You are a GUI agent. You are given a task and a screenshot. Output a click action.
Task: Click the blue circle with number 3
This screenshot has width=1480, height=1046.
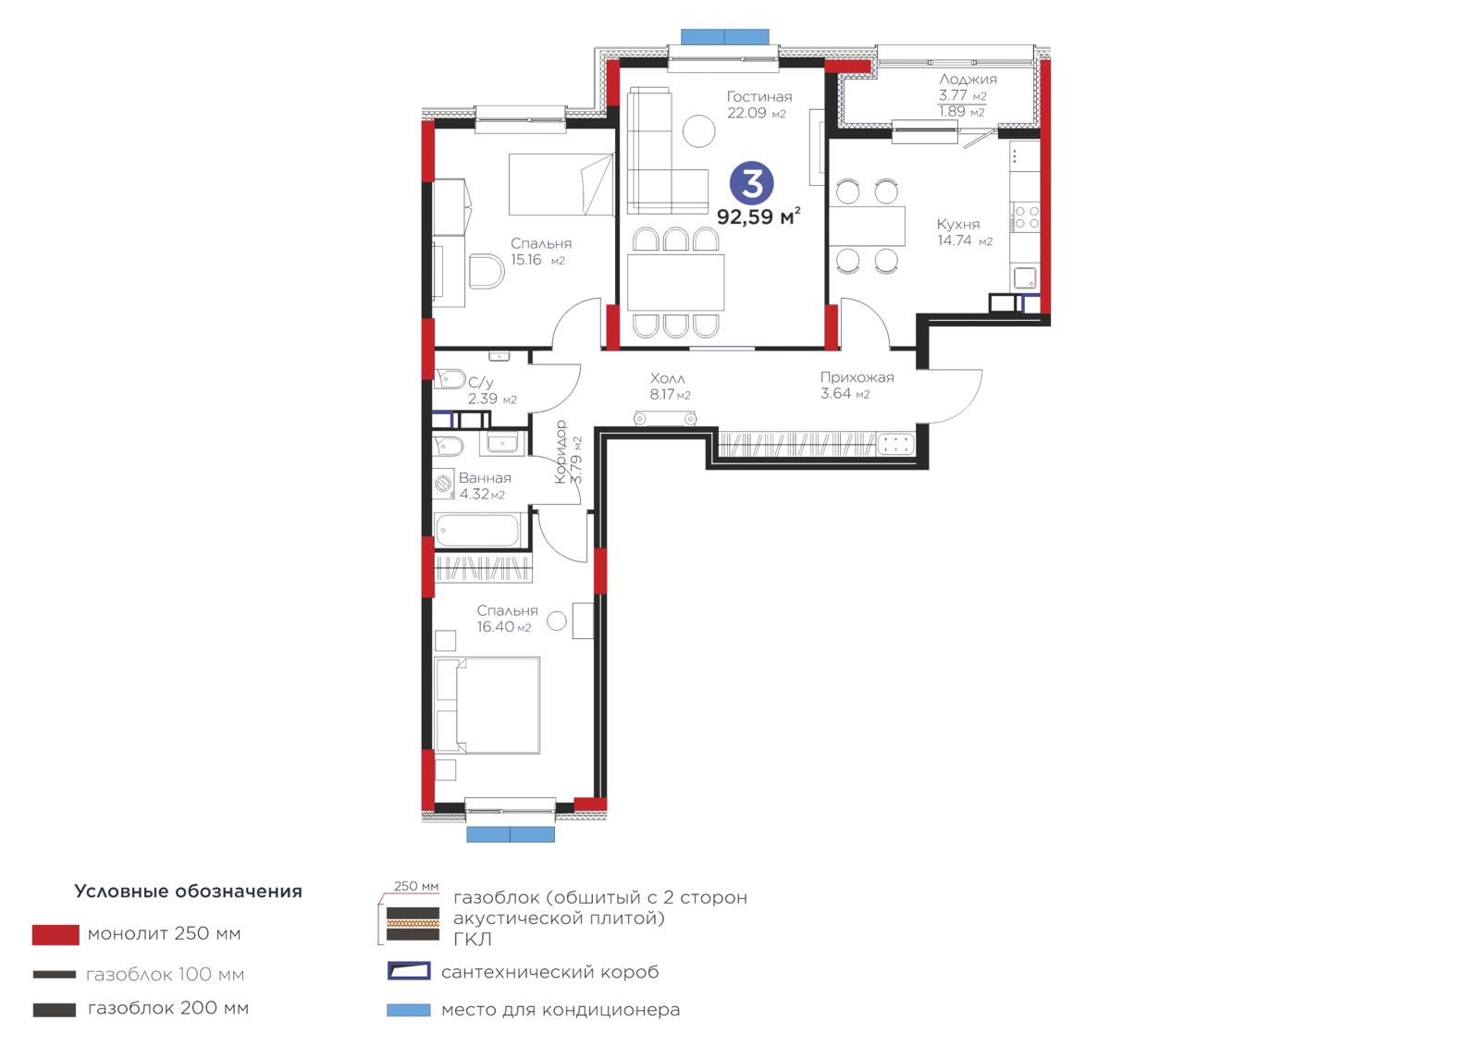click(751, 183)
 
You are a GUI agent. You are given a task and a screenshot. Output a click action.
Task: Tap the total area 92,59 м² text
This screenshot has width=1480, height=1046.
click(758, 216)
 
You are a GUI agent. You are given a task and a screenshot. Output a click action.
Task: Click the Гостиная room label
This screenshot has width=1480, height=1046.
click(759, 96)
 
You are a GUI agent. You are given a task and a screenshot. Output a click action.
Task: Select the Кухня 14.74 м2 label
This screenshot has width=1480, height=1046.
click(964, 232)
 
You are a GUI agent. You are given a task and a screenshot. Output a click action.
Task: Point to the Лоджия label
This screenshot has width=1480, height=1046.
click(968, 80)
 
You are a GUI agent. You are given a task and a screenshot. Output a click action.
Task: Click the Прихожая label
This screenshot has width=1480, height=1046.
click(857, 377)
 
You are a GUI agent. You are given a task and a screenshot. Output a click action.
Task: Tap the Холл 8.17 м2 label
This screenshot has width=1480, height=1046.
click(670, 387)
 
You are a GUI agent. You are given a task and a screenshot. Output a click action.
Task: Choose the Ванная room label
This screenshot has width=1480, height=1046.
click(485, 478)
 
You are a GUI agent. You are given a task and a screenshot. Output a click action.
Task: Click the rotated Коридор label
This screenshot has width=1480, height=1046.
click(561, 452)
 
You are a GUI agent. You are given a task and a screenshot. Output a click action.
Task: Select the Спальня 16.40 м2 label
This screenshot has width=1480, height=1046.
click(507, 619)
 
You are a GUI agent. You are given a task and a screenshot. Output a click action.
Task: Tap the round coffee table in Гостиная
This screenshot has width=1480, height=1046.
click(698, 130)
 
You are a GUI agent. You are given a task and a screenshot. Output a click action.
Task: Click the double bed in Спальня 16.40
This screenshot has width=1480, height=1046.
click(487, 705)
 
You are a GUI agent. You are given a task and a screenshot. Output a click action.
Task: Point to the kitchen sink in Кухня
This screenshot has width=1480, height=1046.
click(1025, 277)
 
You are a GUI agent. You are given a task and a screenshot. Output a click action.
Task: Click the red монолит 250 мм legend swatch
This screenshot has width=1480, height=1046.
click(55, 934)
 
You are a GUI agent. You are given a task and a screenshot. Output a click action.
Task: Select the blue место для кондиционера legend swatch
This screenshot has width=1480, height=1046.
click(408, 1010)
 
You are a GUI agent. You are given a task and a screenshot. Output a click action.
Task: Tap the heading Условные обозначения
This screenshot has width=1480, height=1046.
click(189, 892)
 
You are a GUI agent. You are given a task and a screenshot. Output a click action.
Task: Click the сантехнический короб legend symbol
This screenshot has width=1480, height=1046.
click(409, 971)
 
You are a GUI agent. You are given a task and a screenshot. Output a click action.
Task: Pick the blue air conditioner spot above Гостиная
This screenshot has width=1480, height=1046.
click(725, 37)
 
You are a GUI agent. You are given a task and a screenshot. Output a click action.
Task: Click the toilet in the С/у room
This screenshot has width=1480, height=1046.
click(450, 379)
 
